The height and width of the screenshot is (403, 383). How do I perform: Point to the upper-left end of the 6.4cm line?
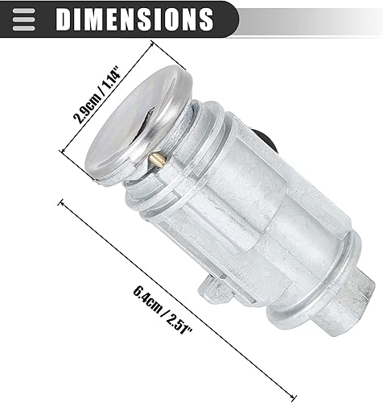60,201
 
